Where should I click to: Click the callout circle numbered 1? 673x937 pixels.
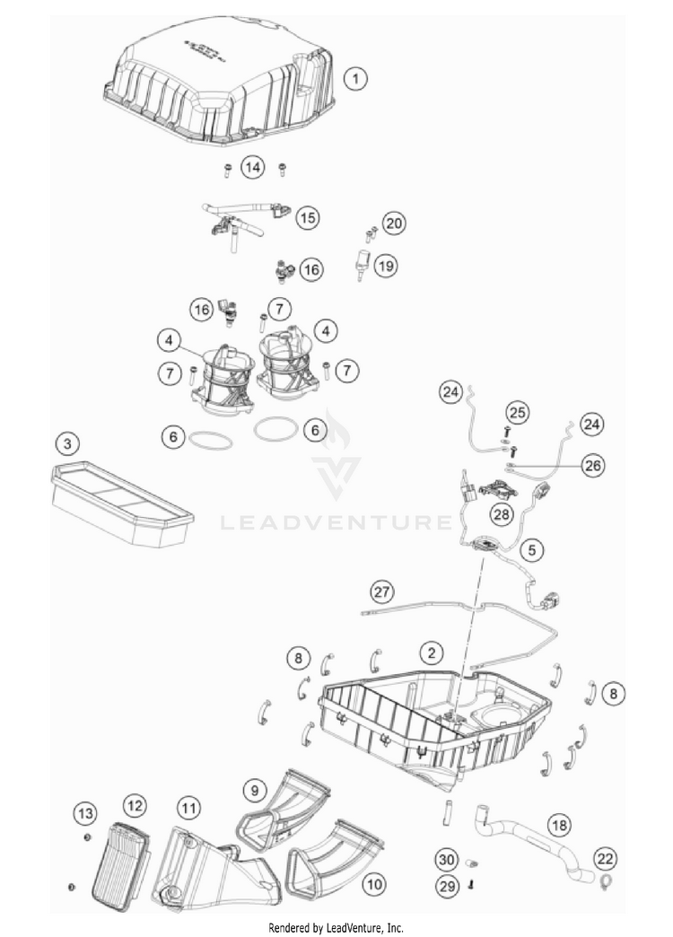coord(356,79)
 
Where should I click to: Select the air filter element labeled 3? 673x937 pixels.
coord(121,504)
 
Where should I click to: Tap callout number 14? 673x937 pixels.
coord(254,167)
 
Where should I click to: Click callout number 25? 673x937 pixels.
coord(516,413)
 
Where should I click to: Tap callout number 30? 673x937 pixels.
coord(446,860)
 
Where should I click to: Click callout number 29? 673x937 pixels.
coord(446,885)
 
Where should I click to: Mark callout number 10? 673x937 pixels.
coord(373,884)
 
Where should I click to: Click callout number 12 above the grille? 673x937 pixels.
coord(134,805)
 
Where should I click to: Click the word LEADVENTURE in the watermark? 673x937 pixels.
coord(336,521)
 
